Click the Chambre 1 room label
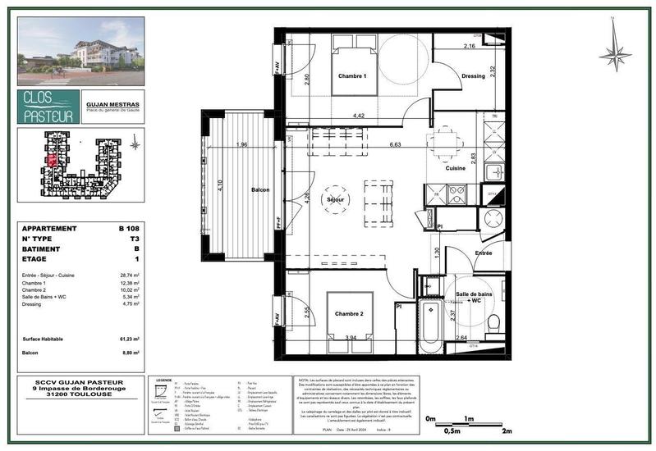(x=351, y=76)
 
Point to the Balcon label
(x=261, y=190)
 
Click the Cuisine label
(x=456, y=168)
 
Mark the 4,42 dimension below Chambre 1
(x=358, y=116)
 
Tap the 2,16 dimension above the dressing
(x=470, y=47)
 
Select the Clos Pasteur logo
(x=48, y=107)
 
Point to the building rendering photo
(x=80, y=51)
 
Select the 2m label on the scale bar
(x=507, y=430)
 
